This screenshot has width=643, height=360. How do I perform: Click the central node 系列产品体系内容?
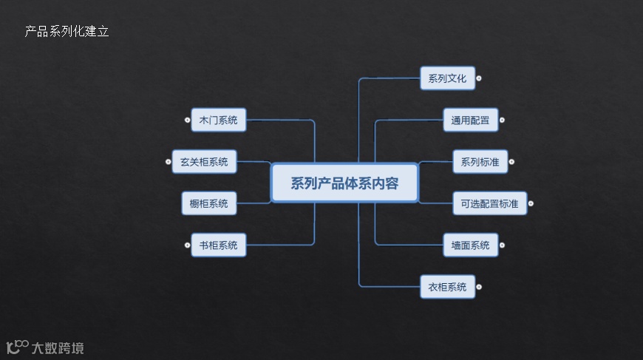[344, 183]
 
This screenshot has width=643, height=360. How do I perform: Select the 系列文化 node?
[447, 78]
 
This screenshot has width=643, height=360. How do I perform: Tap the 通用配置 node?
[471, 120]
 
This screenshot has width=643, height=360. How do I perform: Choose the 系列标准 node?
[480, 162]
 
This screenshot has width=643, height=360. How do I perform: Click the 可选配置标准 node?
[489, 203]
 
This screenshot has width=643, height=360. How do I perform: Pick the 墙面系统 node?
[471, 245]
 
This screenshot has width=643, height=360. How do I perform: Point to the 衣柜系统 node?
[447, 287]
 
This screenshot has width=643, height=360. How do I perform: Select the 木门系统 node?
[218, 120]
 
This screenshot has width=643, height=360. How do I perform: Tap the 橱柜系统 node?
[209, 203]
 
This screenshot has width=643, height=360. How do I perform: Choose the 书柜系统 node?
[218, 245]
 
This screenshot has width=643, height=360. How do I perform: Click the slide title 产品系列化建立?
[67, 32]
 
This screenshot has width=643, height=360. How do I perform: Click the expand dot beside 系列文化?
[479, 78]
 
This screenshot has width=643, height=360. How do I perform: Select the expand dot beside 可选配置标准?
[531, 203]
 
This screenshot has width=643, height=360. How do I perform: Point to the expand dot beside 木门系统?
[186, 119]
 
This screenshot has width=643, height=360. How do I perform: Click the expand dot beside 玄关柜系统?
[168, 161]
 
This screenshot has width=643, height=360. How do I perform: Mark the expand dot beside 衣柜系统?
[479, 286]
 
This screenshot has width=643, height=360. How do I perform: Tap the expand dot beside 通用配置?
[503, 119]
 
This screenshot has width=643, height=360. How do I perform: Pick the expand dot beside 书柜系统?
[186, 245]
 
